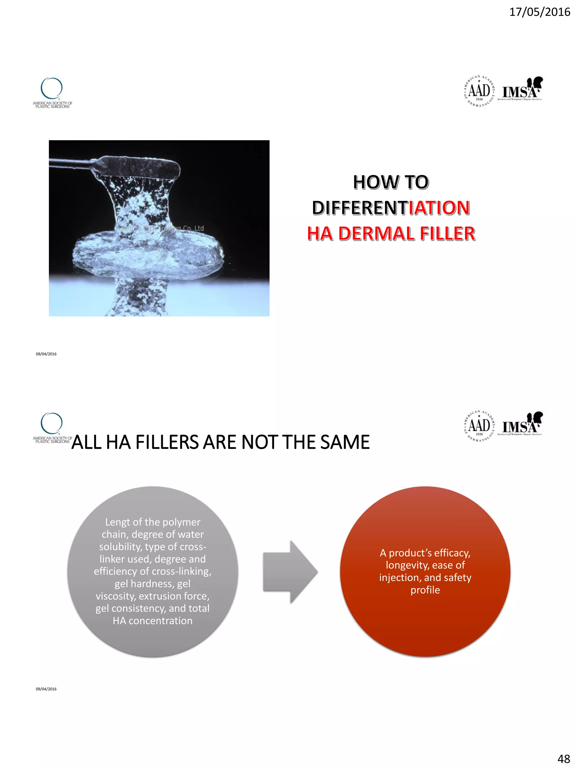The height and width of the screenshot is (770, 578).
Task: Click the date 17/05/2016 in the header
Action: pos(539,12)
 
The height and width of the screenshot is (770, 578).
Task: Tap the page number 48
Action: pos(563,758)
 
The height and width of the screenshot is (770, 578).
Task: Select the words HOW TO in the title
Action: pos(391,182)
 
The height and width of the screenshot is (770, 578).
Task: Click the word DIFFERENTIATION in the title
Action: pos(391,208)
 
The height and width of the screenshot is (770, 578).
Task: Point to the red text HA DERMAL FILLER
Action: pos(391,233)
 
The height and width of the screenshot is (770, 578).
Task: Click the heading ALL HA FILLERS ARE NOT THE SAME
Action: pos(220,442)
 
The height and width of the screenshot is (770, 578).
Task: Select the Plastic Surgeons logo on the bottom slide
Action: pos(52,428)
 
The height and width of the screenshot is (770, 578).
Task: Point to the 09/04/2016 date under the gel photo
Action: pos(46,354)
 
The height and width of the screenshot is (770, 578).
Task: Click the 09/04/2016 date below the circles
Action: pos(46,689)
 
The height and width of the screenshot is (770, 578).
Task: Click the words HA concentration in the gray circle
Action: pos(153,621)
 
